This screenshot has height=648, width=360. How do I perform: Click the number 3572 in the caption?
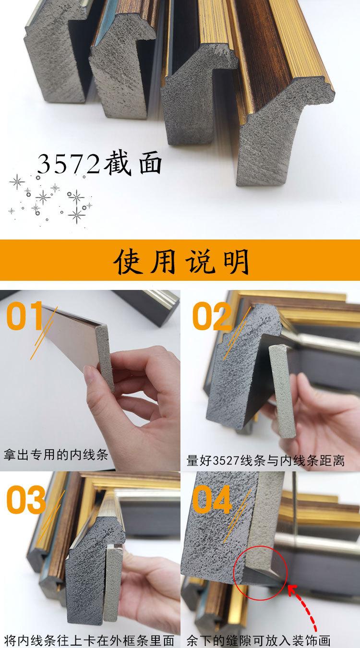(68, 164)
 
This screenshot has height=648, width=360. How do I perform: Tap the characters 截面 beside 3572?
(132, 163)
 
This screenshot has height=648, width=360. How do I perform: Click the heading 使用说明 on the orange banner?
(181, 261)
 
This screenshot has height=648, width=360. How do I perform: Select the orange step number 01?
(24, 316)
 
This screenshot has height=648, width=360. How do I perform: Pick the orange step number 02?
(212, 316)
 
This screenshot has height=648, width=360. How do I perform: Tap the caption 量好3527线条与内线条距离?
(265, 460)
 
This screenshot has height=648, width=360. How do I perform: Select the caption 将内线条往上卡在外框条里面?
(89, 640)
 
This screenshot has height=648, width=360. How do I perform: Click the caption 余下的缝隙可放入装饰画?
(258, 640)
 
